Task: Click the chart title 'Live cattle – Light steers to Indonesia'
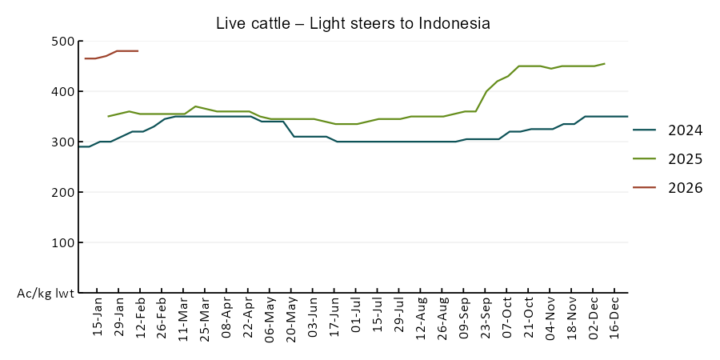point(353,23)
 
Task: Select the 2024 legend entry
point(686,130)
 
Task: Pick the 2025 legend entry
point(686,159)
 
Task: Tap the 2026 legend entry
point(686,188)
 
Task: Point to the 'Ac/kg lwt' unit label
point(46,294)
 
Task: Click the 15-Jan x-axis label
point(98,318)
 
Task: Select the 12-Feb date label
point(141,318)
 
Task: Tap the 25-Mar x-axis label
point(206,318)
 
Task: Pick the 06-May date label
point(270,318)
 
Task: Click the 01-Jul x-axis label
point(357,318)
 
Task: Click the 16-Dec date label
point(615,318)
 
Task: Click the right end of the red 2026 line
point(138,51)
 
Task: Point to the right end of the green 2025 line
point(605,63)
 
